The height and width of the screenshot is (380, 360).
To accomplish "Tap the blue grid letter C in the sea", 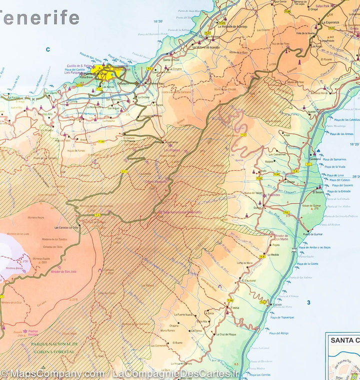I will [48, 49].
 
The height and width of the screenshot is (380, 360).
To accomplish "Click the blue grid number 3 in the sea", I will [308, 302].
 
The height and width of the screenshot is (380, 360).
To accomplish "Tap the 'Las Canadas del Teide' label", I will [66, 227].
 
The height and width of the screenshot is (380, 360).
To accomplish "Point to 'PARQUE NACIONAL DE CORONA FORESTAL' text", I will [54, 347].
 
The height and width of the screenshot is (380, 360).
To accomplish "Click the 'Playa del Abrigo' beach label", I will [278, 333].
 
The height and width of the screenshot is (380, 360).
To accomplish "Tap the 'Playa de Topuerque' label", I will [282, 317].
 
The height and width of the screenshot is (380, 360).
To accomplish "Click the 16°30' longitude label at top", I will [158, 21].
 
